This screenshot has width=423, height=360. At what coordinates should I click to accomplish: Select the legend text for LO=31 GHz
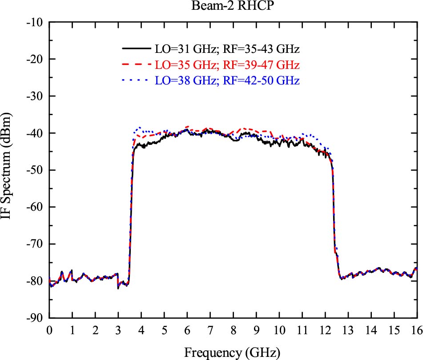tap(227, 48)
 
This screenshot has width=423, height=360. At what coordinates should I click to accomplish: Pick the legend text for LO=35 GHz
tap(227, 65)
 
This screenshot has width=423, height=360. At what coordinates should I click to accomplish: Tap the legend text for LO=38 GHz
tap(227, 81)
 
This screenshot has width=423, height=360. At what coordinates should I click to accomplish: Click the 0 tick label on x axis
tap(49, 329)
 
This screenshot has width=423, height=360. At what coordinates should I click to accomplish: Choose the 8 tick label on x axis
tap(233, 329)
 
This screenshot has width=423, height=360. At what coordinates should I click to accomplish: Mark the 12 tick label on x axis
tap(325, 329)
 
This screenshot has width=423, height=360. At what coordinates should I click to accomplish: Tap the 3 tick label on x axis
tap(118, 329)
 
